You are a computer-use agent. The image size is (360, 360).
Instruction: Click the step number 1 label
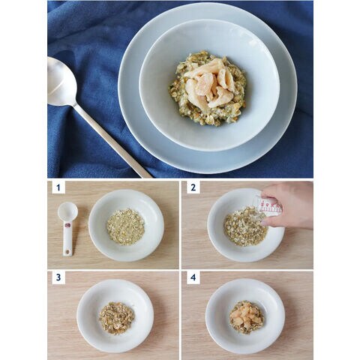pos(58,187)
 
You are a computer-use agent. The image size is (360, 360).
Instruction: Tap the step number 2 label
pos(193,187)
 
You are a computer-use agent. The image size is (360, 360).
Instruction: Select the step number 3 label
pos(58,277)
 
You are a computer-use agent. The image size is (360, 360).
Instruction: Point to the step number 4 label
pos(193,277)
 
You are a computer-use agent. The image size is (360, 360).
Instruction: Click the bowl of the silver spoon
pos(61,81)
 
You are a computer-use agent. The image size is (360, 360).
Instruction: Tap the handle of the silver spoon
pos(112,141)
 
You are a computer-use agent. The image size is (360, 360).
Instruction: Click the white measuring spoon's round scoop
pos(67,211)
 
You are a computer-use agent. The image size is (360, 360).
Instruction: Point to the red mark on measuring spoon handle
pos(67,225)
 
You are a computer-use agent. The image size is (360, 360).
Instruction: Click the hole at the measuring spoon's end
pos(67,252)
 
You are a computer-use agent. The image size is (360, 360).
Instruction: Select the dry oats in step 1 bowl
pos(126,226)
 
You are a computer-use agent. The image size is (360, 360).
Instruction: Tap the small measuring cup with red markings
pos(268,206)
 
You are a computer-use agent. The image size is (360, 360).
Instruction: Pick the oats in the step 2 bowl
pos(245,226)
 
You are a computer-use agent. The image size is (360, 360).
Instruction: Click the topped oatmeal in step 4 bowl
pos(247,317)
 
